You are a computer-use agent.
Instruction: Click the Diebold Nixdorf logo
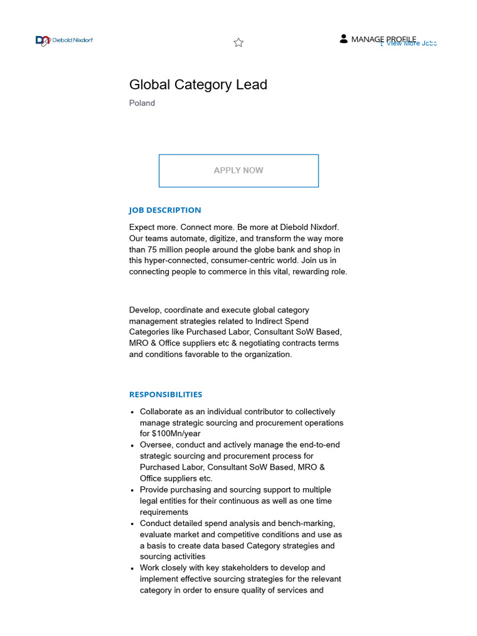click(64, 40)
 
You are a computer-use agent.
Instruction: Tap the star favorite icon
click(238, 42)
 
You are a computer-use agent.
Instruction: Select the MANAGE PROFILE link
click(383, 39)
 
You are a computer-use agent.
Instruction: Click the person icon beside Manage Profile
click(343, 39)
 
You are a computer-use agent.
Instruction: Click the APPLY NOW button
click(238, 170)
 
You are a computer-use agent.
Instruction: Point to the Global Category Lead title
click(198, 84)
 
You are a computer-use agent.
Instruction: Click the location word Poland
click(142, 103)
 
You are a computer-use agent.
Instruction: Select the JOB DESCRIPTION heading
click(165, 210)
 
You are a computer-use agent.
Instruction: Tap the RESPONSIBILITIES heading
click(165, 394)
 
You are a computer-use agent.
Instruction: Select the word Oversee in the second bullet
click(155, 445)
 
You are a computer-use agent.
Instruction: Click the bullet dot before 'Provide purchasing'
click(133, 490)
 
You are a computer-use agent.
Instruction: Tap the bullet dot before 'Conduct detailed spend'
click(133, 524)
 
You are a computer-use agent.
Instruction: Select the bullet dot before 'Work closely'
click(133, 568)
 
